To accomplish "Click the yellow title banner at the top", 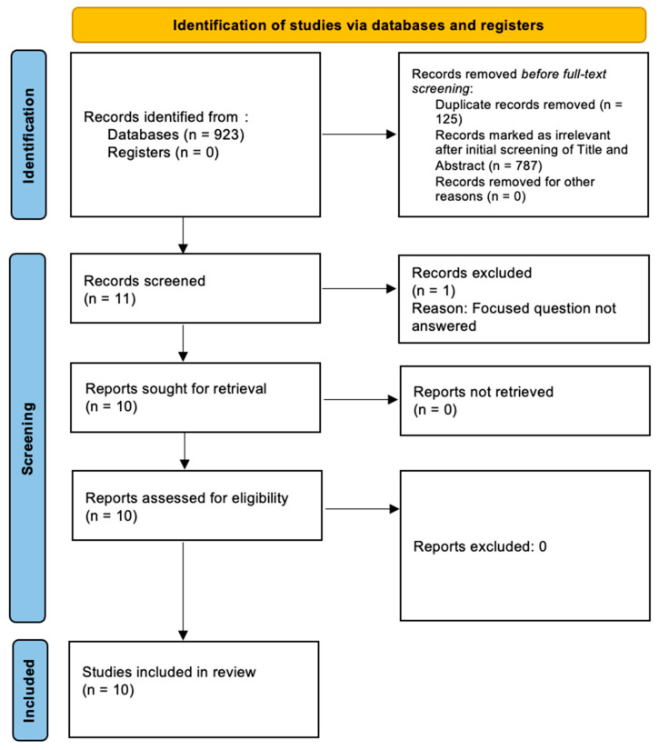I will (360, 25).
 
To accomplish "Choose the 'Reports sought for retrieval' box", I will (195, 395).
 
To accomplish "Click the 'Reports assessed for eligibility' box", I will (195, 505).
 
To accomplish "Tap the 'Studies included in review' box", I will (195, 688).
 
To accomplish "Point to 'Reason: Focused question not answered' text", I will (514, 316).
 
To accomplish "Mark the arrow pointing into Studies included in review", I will (185, 589).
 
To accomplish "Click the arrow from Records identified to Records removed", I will (360, 135).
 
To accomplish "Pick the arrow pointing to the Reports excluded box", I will (360, 506).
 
